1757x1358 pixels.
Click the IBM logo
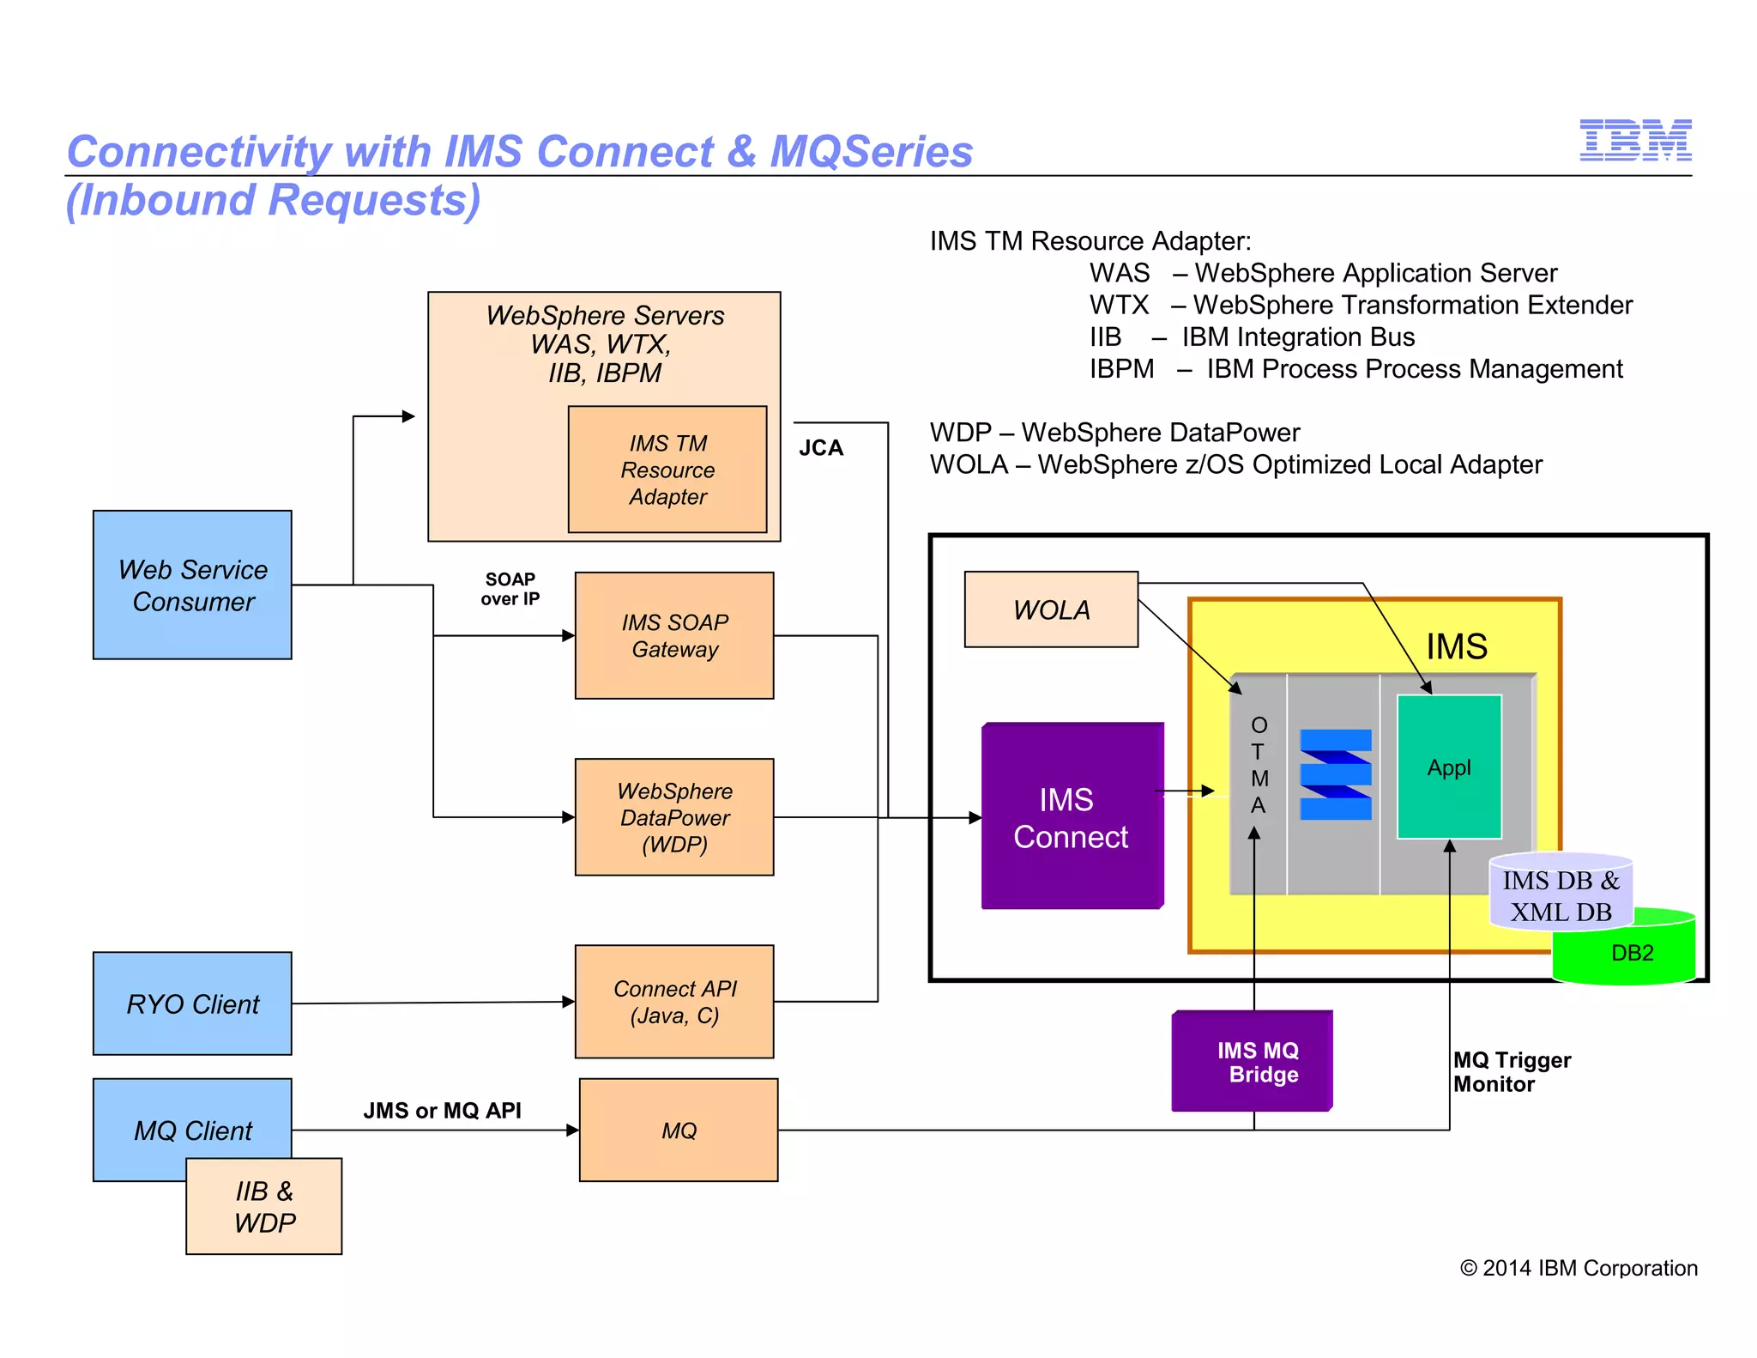[x=1634, y=140]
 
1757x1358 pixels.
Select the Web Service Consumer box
[x=192, y=585]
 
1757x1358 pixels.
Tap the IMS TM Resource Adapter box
[x=667, y=470]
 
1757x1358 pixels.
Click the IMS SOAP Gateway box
[x=674, y=635]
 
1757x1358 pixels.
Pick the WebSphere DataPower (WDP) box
[x=674, y=816]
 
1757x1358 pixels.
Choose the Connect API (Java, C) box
[x=674, y=1001]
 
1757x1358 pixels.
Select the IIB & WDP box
[x=264, y=1206]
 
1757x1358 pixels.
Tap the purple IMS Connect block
[x=1072, y=817]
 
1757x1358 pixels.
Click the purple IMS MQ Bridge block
[x=1253, y=1062]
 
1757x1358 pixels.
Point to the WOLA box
[x=1051, y=609]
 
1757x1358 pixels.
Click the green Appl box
[x=1449, y=767]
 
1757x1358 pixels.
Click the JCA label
[x=821, y=447]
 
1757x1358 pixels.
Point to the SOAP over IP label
[x=510, y=589]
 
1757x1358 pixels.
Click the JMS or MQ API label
[x=442, y=1110]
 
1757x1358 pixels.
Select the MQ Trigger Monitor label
[x=1511, y=1072]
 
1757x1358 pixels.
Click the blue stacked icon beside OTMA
[x=1335, y=775]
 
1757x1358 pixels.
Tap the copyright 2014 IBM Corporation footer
[x=1579, y=1268]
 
